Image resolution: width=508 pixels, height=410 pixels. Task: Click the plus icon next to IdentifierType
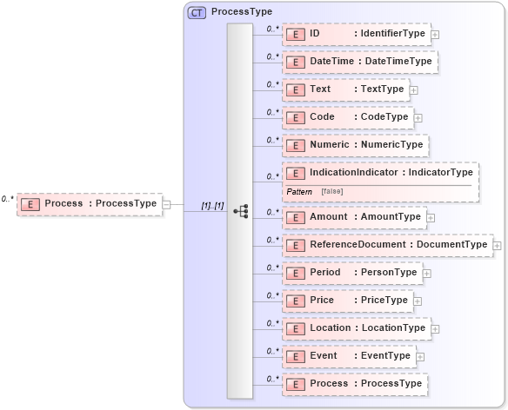coord(435,35)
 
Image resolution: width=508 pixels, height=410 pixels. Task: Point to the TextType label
coord(382,89)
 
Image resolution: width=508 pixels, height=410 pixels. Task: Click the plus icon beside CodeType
coord(418,117)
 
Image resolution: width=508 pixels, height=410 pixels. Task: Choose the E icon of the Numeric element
coord(295,145)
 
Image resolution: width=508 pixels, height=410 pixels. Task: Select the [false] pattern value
coord(331,190)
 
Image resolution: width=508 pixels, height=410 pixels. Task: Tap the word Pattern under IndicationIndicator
coord(300,190)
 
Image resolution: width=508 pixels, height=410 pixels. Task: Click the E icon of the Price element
coord(295,300)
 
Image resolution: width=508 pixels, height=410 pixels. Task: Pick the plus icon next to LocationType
coord(435,328)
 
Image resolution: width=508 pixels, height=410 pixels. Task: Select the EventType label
coord(385,355)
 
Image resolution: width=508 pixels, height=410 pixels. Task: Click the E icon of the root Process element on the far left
coord(30,204)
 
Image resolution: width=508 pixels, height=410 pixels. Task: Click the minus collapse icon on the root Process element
coord(166,204)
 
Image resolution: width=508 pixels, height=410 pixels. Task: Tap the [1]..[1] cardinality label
coord(213,205)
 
